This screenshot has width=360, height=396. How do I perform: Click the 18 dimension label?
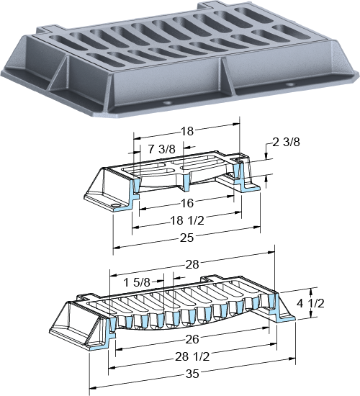pyautogui.click(x=187, y=131)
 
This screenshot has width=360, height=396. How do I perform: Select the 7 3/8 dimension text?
pyautogui.click(x=162, y=149)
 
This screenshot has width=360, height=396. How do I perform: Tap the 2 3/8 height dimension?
pyautogui.click(x=287, y=142)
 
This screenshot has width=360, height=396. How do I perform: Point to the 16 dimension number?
pyautogui.click(x=187, y=203)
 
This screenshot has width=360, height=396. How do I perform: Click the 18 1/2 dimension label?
pyautogui.click(x=187, y=221)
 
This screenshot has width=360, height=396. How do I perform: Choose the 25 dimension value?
pyautogui.click(x=186, y=238)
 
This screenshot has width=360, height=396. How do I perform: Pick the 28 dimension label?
pyautogui.click(x=192, y=264)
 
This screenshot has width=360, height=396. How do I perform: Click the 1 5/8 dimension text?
pyautogui.click(x=137, y=282)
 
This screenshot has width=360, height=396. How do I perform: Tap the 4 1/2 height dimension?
pyautogui.click(x=310, y=303)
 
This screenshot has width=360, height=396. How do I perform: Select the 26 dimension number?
pyautogui.click(x=192, y=339)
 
